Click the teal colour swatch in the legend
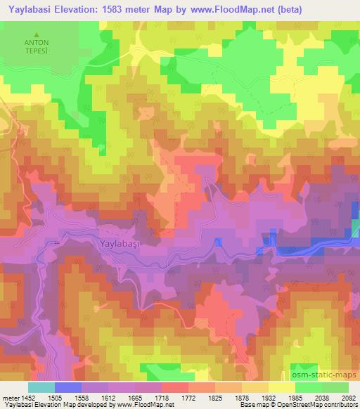pyautogui.click(x=41, y=387)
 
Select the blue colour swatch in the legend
pyautogui.click(x=68, y=387)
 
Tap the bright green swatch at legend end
pyautogui.click(x=335, y=387)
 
